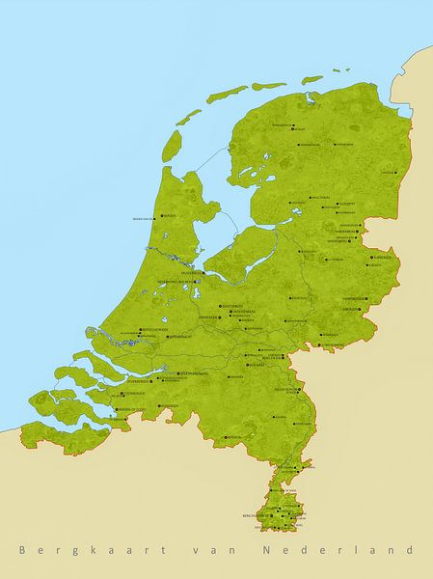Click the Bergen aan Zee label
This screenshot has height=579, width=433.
pos(144,218)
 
